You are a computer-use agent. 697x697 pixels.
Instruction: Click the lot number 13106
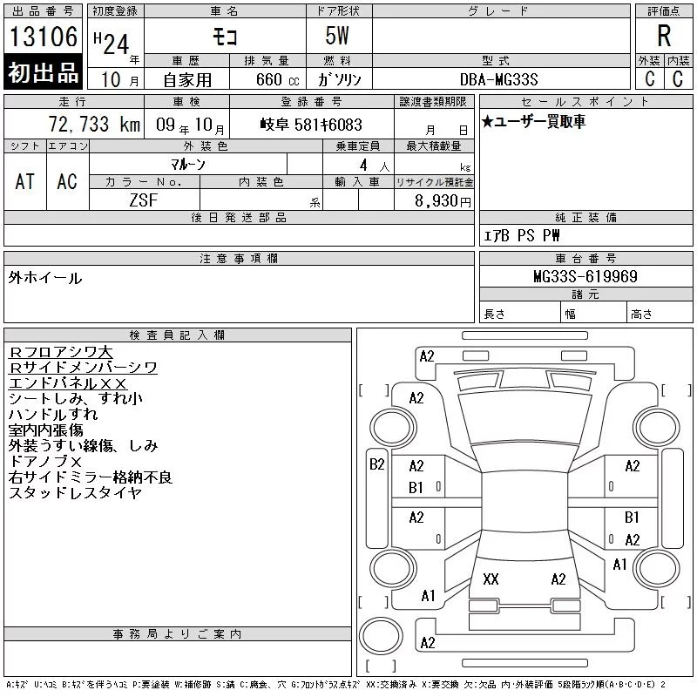click(x=44, y=37)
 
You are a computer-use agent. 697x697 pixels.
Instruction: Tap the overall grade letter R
click(x=664, y=36)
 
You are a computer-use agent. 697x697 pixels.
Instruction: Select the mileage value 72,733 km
click(x=94, y=125)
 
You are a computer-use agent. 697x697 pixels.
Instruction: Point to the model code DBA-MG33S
click(x=498, y=79)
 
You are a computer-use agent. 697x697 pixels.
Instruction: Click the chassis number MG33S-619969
click(x=585, y=276)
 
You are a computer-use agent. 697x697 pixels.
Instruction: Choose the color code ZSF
click(x=144, y=200)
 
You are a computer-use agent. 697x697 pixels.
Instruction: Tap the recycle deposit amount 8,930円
click(x=443, y=201)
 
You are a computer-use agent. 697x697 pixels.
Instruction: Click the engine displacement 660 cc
click(x=277, y=79)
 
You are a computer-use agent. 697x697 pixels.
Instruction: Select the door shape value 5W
click(x=337, y=36)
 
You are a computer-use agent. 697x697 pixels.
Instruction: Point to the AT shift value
click(x=25, y=181)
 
